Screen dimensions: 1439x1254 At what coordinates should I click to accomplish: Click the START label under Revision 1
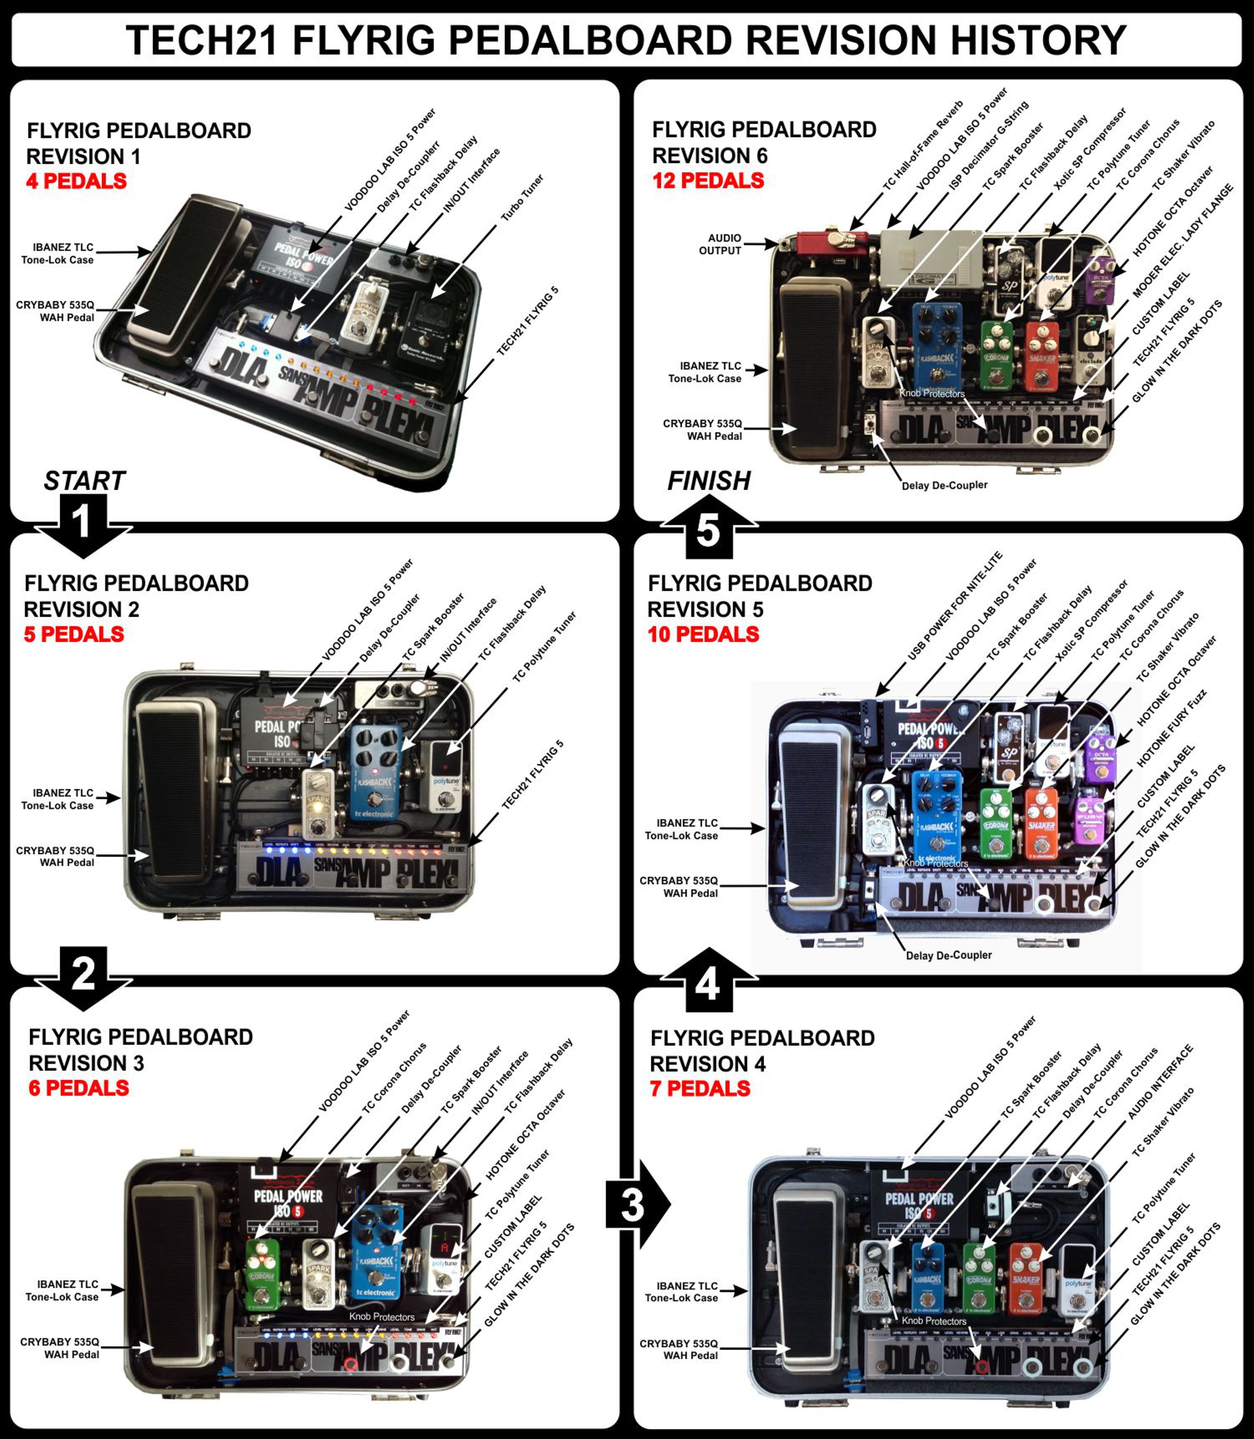point(84,481)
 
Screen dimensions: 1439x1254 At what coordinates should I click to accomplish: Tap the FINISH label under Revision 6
point(709,481)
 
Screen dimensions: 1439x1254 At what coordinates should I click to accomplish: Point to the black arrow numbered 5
point(708,531)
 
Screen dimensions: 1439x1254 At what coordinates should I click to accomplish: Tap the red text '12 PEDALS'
point(708,181)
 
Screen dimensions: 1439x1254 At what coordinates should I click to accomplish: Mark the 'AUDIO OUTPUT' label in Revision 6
point(724,244)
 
